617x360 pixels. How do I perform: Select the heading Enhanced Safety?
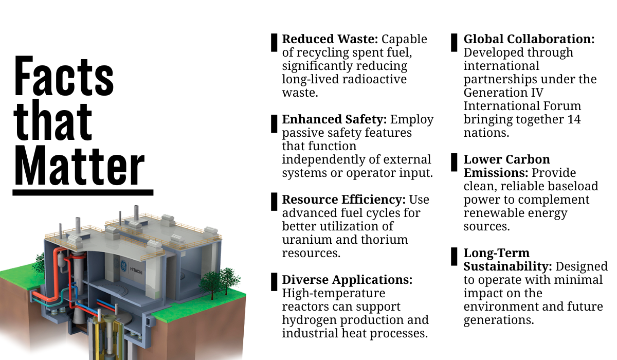pos(334,120)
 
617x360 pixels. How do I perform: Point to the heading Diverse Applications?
pos(347,280)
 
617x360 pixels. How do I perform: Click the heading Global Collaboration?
pos(529,39)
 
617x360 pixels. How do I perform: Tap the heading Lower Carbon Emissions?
pos(506,166)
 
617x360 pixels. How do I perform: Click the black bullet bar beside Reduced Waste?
pos(275,43)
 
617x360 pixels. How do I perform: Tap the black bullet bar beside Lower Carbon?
pos(454,163)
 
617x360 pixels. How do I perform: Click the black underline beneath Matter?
pos(83,193)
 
